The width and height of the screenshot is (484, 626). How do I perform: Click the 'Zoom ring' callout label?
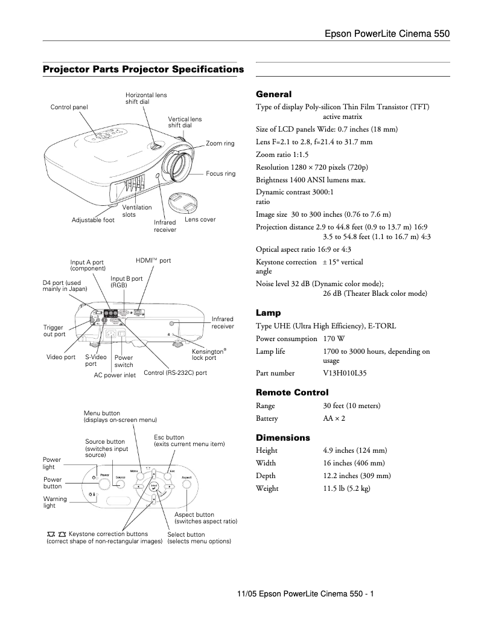point(220,144)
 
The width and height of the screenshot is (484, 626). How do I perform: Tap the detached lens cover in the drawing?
point(182,202)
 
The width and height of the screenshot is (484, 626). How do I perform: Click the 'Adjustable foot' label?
point(93,220)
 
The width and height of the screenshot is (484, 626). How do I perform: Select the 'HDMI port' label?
point(153,261)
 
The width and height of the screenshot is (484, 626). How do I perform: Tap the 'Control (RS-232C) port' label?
point(175,373)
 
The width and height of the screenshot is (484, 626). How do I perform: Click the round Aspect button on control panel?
point(187,484)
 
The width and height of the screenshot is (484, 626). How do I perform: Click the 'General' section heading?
point(273,94)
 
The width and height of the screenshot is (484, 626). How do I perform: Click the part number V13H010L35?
point(345,374)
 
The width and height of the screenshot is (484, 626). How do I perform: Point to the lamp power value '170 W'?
point(333,339)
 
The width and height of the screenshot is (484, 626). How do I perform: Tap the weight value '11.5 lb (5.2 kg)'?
point(346,488)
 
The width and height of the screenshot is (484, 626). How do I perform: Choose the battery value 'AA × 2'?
point(334,418)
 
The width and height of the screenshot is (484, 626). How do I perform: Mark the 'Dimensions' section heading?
point(283,438)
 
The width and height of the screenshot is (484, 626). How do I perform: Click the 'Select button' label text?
point(186,534)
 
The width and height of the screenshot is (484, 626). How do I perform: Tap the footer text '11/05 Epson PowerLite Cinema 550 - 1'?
point(305,594)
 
